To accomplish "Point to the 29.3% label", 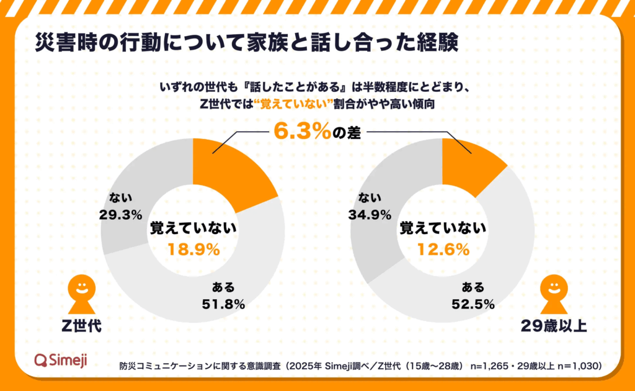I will [x=120, y=215].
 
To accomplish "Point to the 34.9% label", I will [x=370, y=215].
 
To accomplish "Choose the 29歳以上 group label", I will [x=554, y=325].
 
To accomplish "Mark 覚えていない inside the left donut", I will [x=193, y=228].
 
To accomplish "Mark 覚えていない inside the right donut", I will [x=442, y=228].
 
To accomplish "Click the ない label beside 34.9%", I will [x=370, y=199].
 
